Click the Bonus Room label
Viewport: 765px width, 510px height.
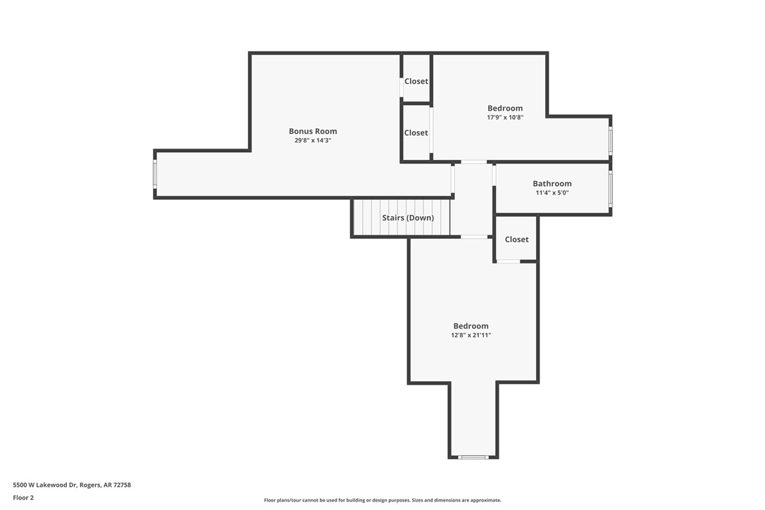click(313, 131)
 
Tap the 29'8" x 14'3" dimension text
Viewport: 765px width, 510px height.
click(313, 141)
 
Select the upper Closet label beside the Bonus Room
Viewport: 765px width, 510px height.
click(416, 82)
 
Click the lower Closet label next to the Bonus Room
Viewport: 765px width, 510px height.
click(416, 133)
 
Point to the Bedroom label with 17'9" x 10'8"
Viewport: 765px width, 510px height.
click(505, 108)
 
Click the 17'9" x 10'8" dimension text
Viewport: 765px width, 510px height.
click(505, 118)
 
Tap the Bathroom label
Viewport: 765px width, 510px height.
click(552, 184)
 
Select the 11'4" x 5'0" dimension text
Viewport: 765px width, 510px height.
click(552, 193)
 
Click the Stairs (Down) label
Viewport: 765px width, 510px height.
click(408, 218)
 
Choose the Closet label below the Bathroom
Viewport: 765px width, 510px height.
click(516, 240)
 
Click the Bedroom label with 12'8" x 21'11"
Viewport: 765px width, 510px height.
click(471, 326)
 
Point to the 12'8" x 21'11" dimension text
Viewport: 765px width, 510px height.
click(471, 335)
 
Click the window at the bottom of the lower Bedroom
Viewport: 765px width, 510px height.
click(473, 457)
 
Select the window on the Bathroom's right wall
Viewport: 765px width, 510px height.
click(611, 188)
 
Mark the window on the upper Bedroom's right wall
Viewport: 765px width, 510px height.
click(611, 140)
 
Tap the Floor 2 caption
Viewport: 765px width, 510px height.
click(23, 497)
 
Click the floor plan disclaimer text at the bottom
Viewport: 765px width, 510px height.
click(382, 500)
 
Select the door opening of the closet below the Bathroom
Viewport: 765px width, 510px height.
click(508, 261)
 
